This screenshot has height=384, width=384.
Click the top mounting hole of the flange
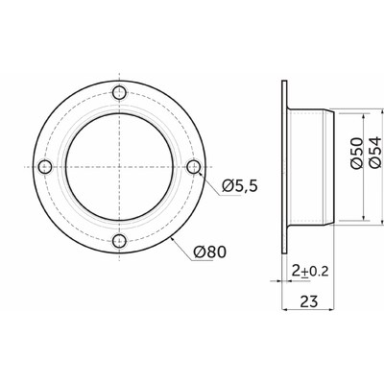coord(120,93)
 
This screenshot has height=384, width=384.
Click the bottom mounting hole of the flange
coord(120,241)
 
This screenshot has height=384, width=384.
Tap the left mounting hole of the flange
coord(45,167)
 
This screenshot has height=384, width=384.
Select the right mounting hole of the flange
coord(194,167)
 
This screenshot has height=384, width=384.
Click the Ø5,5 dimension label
coord(240,185)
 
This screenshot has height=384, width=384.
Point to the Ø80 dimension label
coord(210,252)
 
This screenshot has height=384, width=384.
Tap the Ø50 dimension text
coord(356,153)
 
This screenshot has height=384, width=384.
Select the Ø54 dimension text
coord(375,152)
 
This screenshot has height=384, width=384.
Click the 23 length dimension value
coord(309,301)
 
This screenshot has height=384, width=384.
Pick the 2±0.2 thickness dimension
coord(310,272)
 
